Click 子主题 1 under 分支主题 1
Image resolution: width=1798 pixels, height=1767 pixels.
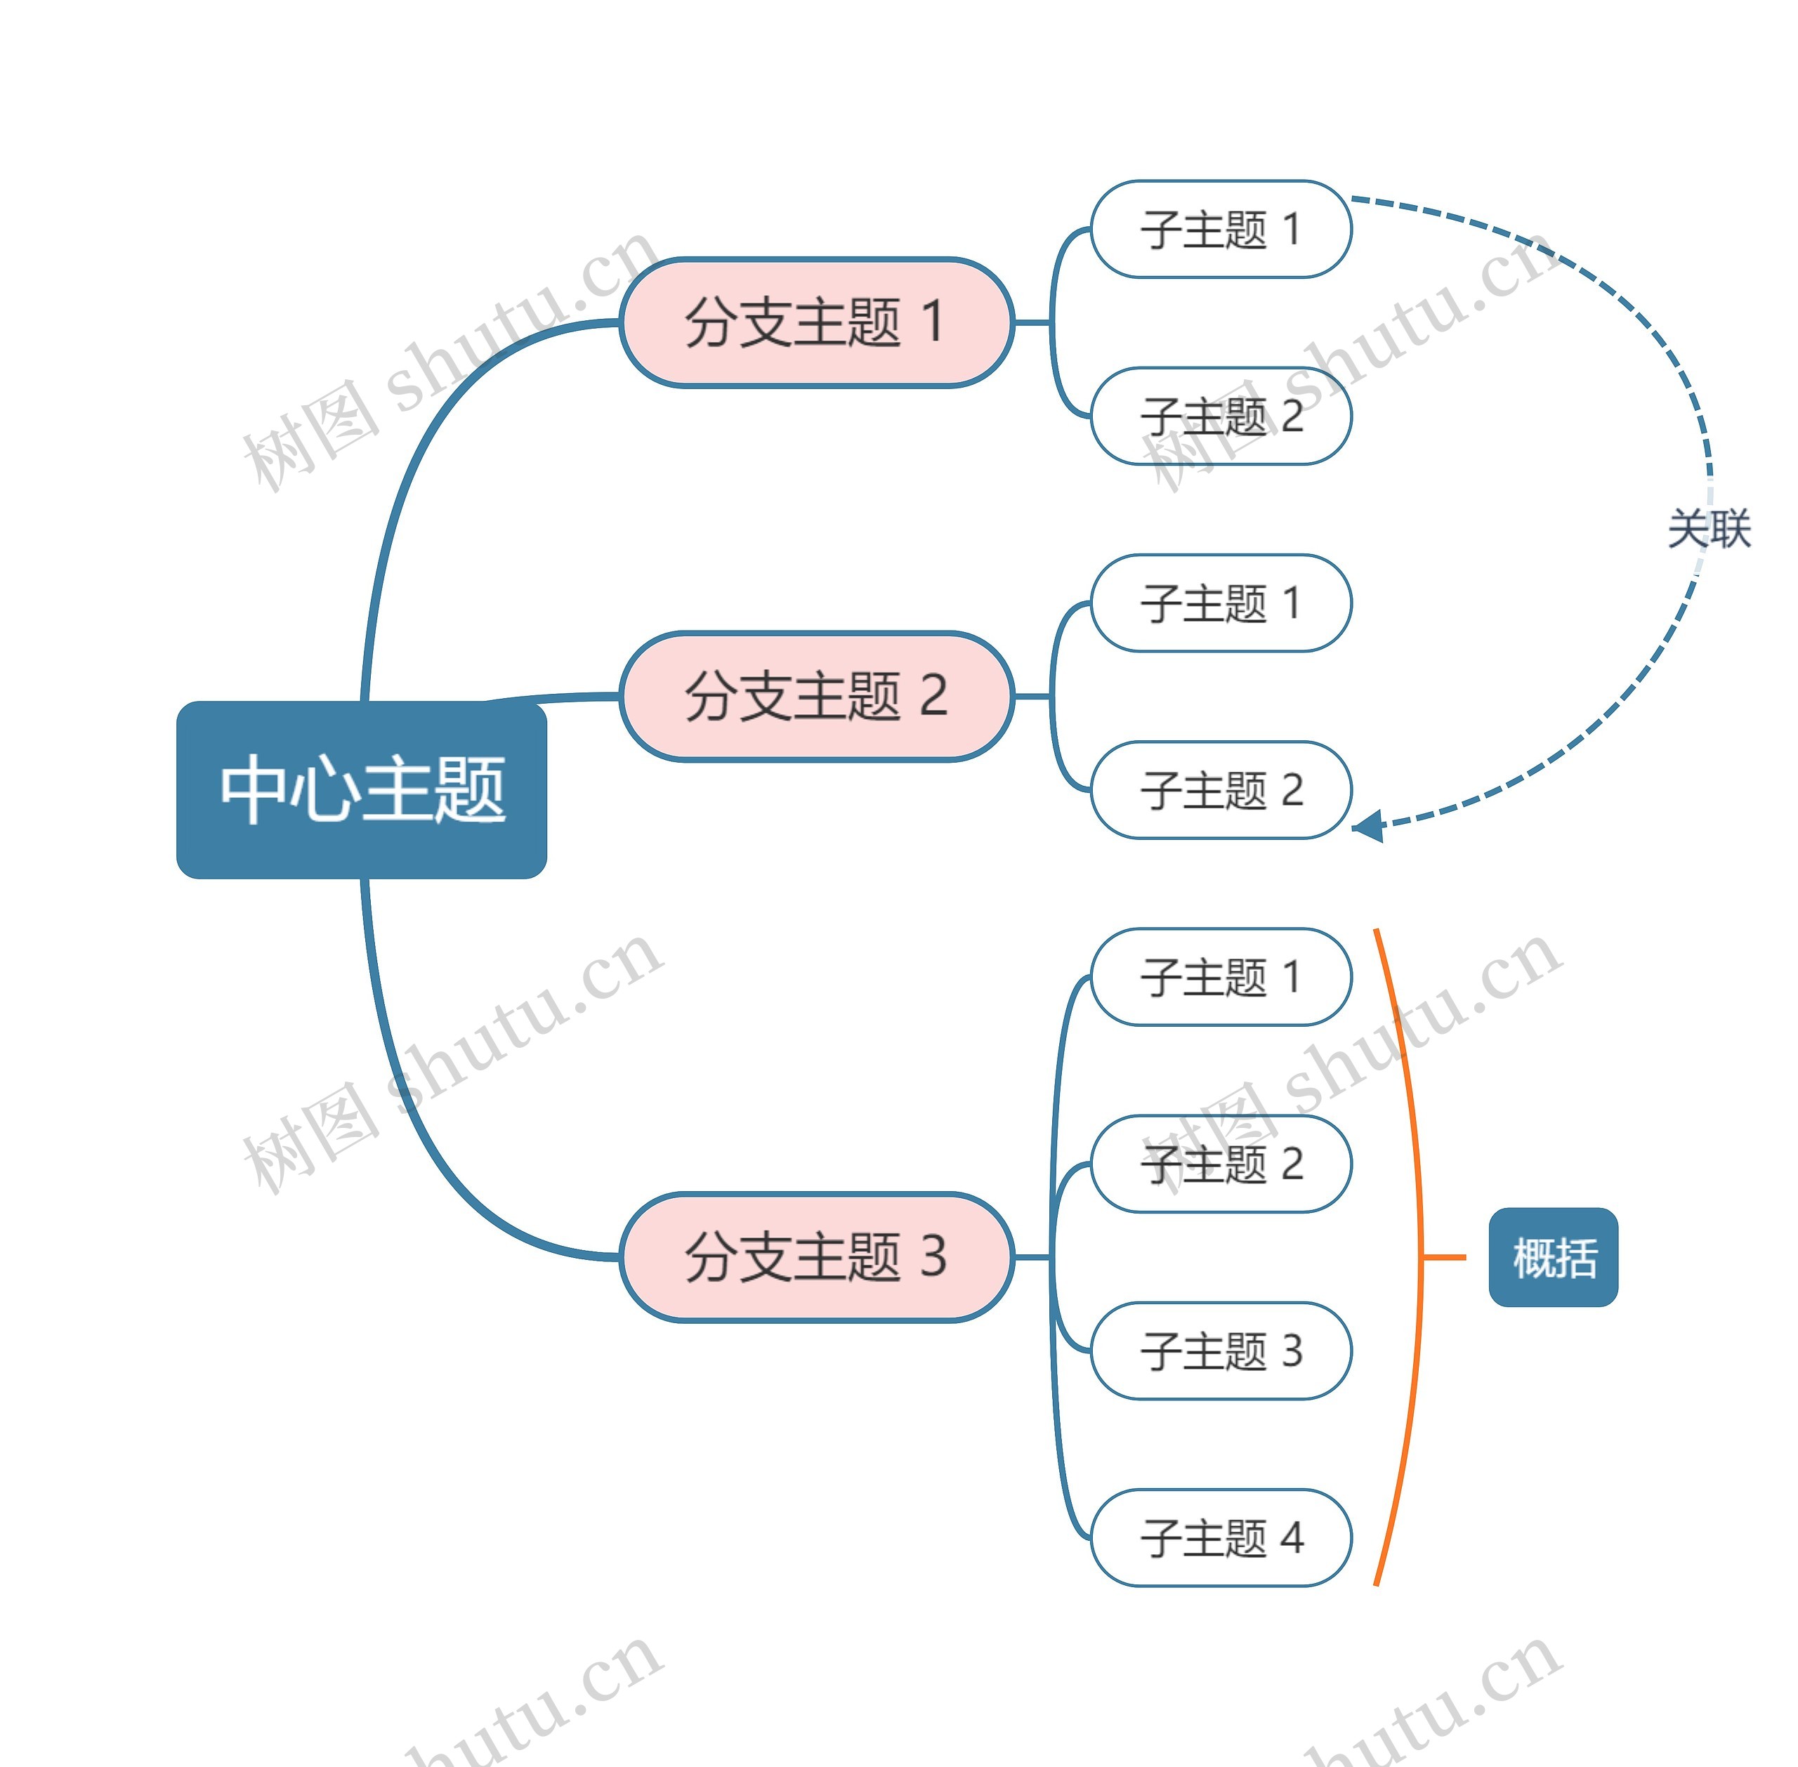(x=1221, y=229)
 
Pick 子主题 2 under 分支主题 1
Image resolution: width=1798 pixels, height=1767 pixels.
(x=1221, y=416)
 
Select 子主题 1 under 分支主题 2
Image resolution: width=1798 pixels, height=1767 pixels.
(x=1221, y=603)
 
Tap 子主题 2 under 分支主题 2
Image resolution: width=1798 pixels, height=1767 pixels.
(x=1221, y=790)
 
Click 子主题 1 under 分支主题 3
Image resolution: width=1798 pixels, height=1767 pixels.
(x=1221, y=977)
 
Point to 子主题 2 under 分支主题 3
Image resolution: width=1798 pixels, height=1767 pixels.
(x=1221, y=1164)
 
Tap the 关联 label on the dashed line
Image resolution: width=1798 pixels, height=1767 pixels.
(x=1709, y=529)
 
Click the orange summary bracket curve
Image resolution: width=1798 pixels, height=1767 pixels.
(x=1417, y=1160)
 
